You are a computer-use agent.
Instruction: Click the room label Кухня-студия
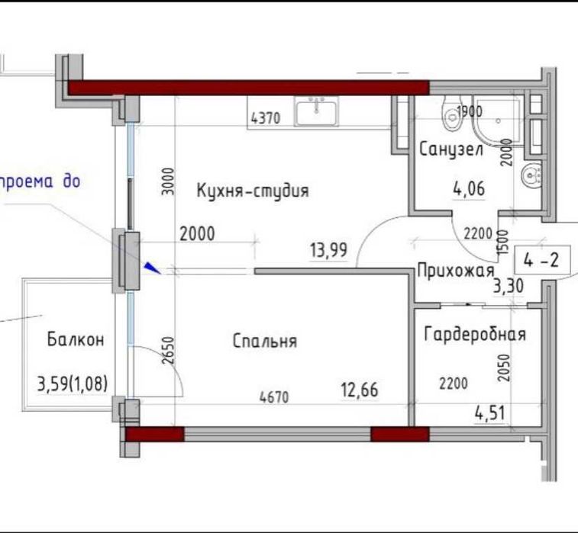[x=253, y=191]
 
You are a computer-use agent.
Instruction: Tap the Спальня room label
[x=265, y=341]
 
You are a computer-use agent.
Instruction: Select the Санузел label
[x=451, y=149]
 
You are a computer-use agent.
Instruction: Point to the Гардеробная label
[x=475, y=334]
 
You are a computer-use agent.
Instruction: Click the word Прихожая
[x=456, y=271]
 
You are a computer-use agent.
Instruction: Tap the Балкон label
[x=76, y=339]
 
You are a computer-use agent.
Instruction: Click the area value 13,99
[x=329, y=250]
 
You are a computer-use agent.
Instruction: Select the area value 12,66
[x=360, y=390]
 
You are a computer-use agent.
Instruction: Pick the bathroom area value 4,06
[x=469, y=189]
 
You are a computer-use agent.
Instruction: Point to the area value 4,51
[x=490, y=413]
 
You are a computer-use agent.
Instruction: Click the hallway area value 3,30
[x=509, y=286]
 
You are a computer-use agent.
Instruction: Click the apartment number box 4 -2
[x=542, y=260]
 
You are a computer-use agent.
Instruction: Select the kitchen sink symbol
[x=316, y=111]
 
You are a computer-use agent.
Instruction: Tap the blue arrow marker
[x=152, y=268]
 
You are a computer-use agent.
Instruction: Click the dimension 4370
[x=266, y=118]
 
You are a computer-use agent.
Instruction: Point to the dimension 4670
[x=274, y=397]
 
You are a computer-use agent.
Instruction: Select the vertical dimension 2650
[x=168, y=351]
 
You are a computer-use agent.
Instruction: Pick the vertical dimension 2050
[x=503, y=368]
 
